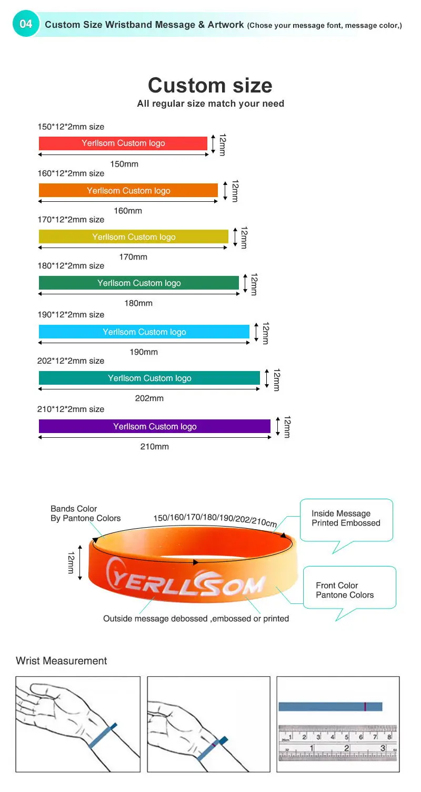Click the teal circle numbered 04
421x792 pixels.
point(26,24)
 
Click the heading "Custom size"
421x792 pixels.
point(210,85)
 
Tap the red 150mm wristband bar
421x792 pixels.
point(123,143)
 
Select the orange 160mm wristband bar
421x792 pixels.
point(128,190)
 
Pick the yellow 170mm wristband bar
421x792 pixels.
point(133,236)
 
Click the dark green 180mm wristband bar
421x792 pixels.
point(138,283)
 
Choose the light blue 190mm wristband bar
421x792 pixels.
point(144,332)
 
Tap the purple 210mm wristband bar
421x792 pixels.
point(154,426)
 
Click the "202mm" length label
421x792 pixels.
point(149,398)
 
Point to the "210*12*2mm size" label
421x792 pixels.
point(71,409)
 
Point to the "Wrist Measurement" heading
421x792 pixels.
point(61,661)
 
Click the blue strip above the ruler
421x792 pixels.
point(330,707)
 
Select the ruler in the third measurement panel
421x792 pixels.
point(337,743)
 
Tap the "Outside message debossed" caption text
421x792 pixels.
point(196,619)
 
